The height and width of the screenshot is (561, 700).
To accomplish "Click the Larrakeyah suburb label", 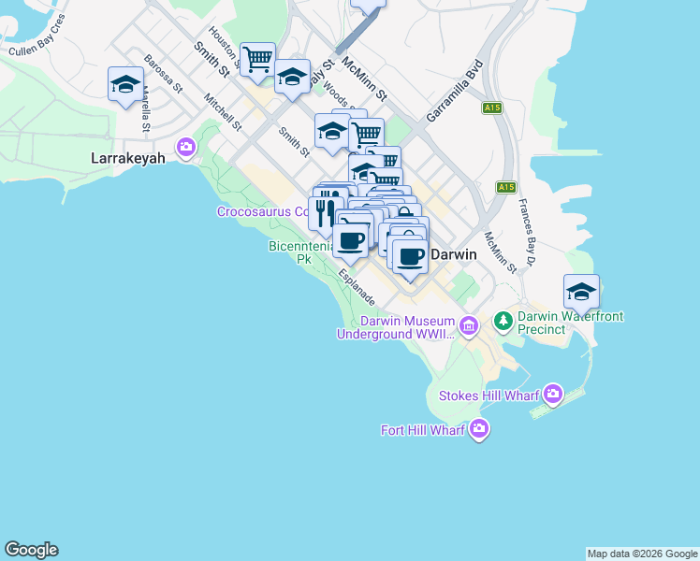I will coord(127,158).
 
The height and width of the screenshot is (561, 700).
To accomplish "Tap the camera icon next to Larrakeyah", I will coord(186,147).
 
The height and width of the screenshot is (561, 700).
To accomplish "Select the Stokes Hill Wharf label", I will coord(489,396).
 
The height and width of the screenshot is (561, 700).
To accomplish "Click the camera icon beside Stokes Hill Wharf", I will coord(553,395).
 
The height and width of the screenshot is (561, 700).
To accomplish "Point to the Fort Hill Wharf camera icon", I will coord(479,429).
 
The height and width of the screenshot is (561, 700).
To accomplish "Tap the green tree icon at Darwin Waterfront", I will coord(503,322).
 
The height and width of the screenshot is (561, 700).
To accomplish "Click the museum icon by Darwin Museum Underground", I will coord(469,326).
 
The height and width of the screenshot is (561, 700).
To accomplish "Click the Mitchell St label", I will coord(222,113).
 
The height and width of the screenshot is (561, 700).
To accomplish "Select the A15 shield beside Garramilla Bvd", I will coord(493,108).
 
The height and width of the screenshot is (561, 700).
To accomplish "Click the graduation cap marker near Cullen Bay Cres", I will coord(124,86).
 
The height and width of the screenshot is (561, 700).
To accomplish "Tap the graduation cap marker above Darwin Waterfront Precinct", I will coord(581,292).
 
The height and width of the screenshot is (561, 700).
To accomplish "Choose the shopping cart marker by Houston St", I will coord(257,60).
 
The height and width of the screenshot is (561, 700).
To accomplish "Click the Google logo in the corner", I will coord(31,550).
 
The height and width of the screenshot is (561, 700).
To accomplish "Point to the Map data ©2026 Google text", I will coord(642,554).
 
